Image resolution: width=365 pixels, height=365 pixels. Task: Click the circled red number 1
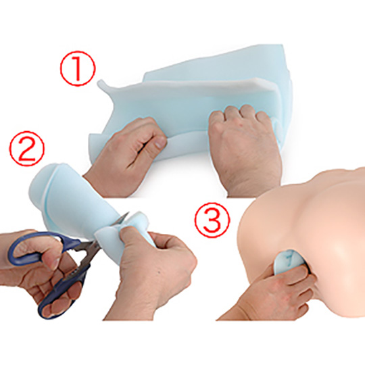pyautogui.click(x=78, y=68)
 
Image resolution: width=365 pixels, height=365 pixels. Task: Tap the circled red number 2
pyautogui.click(x=26, y=148)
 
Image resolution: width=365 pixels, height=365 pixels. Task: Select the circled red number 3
pyautogui.click(x=212, y=220)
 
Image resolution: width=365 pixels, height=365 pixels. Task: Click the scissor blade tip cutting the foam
pyautogui.click(x=128, y=213)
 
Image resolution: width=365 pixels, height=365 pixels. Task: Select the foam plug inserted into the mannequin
pyautogui.click(x=287, y=262)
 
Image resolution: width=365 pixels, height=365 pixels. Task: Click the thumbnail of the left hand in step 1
pyautogui.click(x=160, y=142)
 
